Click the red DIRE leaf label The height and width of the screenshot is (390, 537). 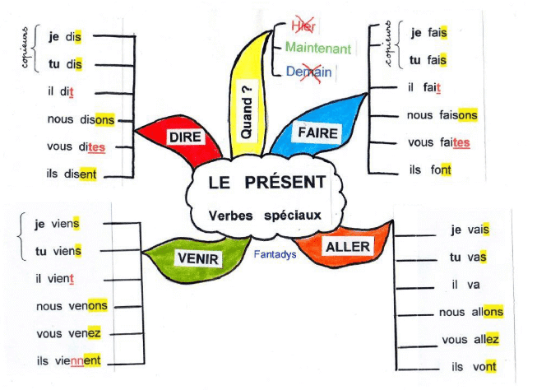click(185, 138)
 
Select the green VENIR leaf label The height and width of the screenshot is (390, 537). click(197, 258)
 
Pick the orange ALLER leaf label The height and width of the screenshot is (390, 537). click(348, 246)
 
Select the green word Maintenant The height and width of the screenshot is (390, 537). click(318, 49)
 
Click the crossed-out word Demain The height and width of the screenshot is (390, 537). click(309, 72)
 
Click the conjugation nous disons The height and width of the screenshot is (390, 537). click(81, 120)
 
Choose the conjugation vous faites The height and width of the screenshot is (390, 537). click(438, 142)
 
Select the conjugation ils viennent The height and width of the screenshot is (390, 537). click(68, 360)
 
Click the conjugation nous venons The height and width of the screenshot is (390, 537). click(72, 306)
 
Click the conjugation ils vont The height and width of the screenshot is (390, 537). click(473, 366)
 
